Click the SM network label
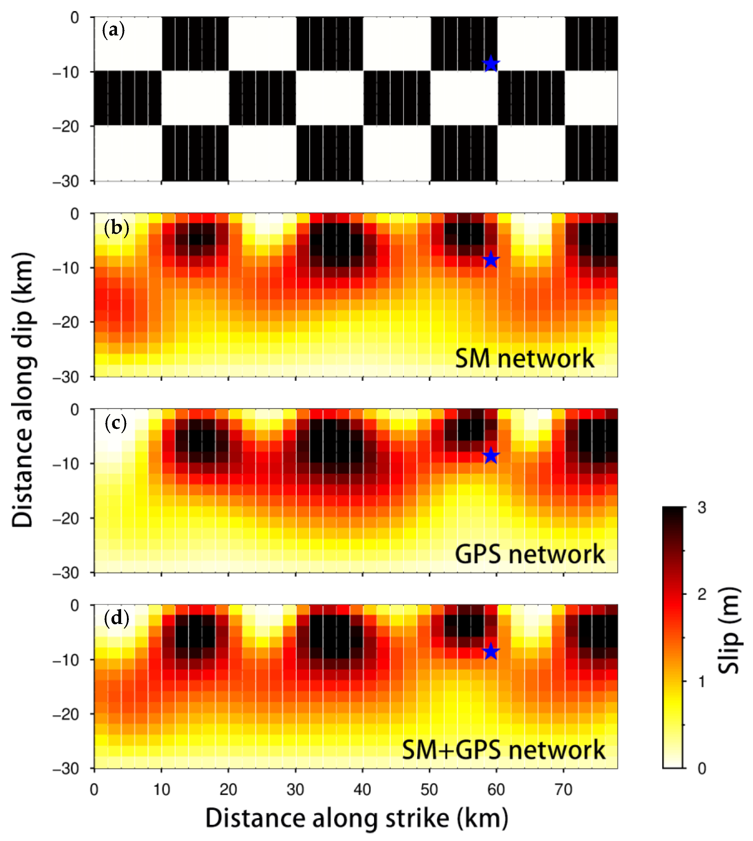(x=524, y=358)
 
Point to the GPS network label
(x=530, y=554)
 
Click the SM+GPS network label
(x=504, y=750)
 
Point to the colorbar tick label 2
(x=702, y=594)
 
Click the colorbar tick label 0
(x=702, y=769)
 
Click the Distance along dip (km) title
(x=23, y=390)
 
